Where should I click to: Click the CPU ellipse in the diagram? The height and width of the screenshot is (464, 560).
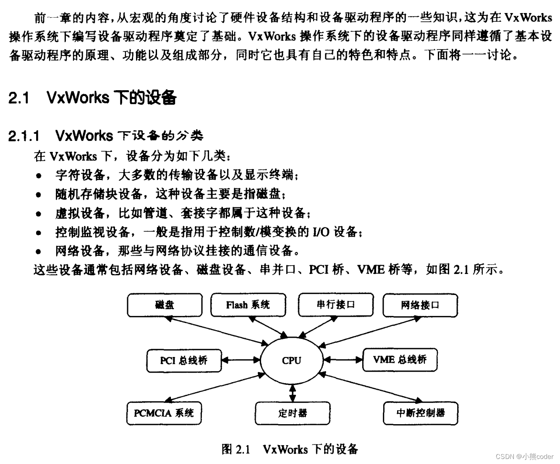[x=292, y=360]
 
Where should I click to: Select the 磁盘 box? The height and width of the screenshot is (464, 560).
[x=165, y=305]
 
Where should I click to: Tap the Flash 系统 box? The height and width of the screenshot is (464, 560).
[x=248, y=305]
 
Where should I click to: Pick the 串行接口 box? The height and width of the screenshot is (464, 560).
[x=335, y=305]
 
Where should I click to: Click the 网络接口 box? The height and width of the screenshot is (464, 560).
[x=420, y=305]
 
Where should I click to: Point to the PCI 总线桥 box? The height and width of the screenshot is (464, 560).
[x=184, y=360]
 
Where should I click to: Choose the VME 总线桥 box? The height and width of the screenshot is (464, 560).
[x=400, y=360]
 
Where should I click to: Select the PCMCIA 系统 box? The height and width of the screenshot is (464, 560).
[x=164, y=413]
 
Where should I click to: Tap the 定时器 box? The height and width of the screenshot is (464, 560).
[x=293, y=413]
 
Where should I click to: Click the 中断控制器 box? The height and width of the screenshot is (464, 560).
[x=420, y=413]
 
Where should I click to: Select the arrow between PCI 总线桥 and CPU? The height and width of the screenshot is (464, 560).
[x=241, y=360]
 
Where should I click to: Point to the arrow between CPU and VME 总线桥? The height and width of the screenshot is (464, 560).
[x=343, y=360]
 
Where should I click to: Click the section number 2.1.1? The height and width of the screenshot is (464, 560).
[x=24, y=136]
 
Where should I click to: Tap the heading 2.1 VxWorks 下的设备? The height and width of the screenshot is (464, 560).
[x=92, y=98]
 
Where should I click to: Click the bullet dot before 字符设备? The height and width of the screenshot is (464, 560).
[x=39, y=176]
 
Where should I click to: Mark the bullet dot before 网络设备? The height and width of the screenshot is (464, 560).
[x=39, y=252]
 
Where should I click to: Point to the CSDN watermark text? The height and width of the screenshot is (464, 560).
[x=524, y=456]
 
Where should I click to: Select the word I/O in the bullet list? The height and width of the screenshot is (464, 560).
[x=321, y=232]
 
